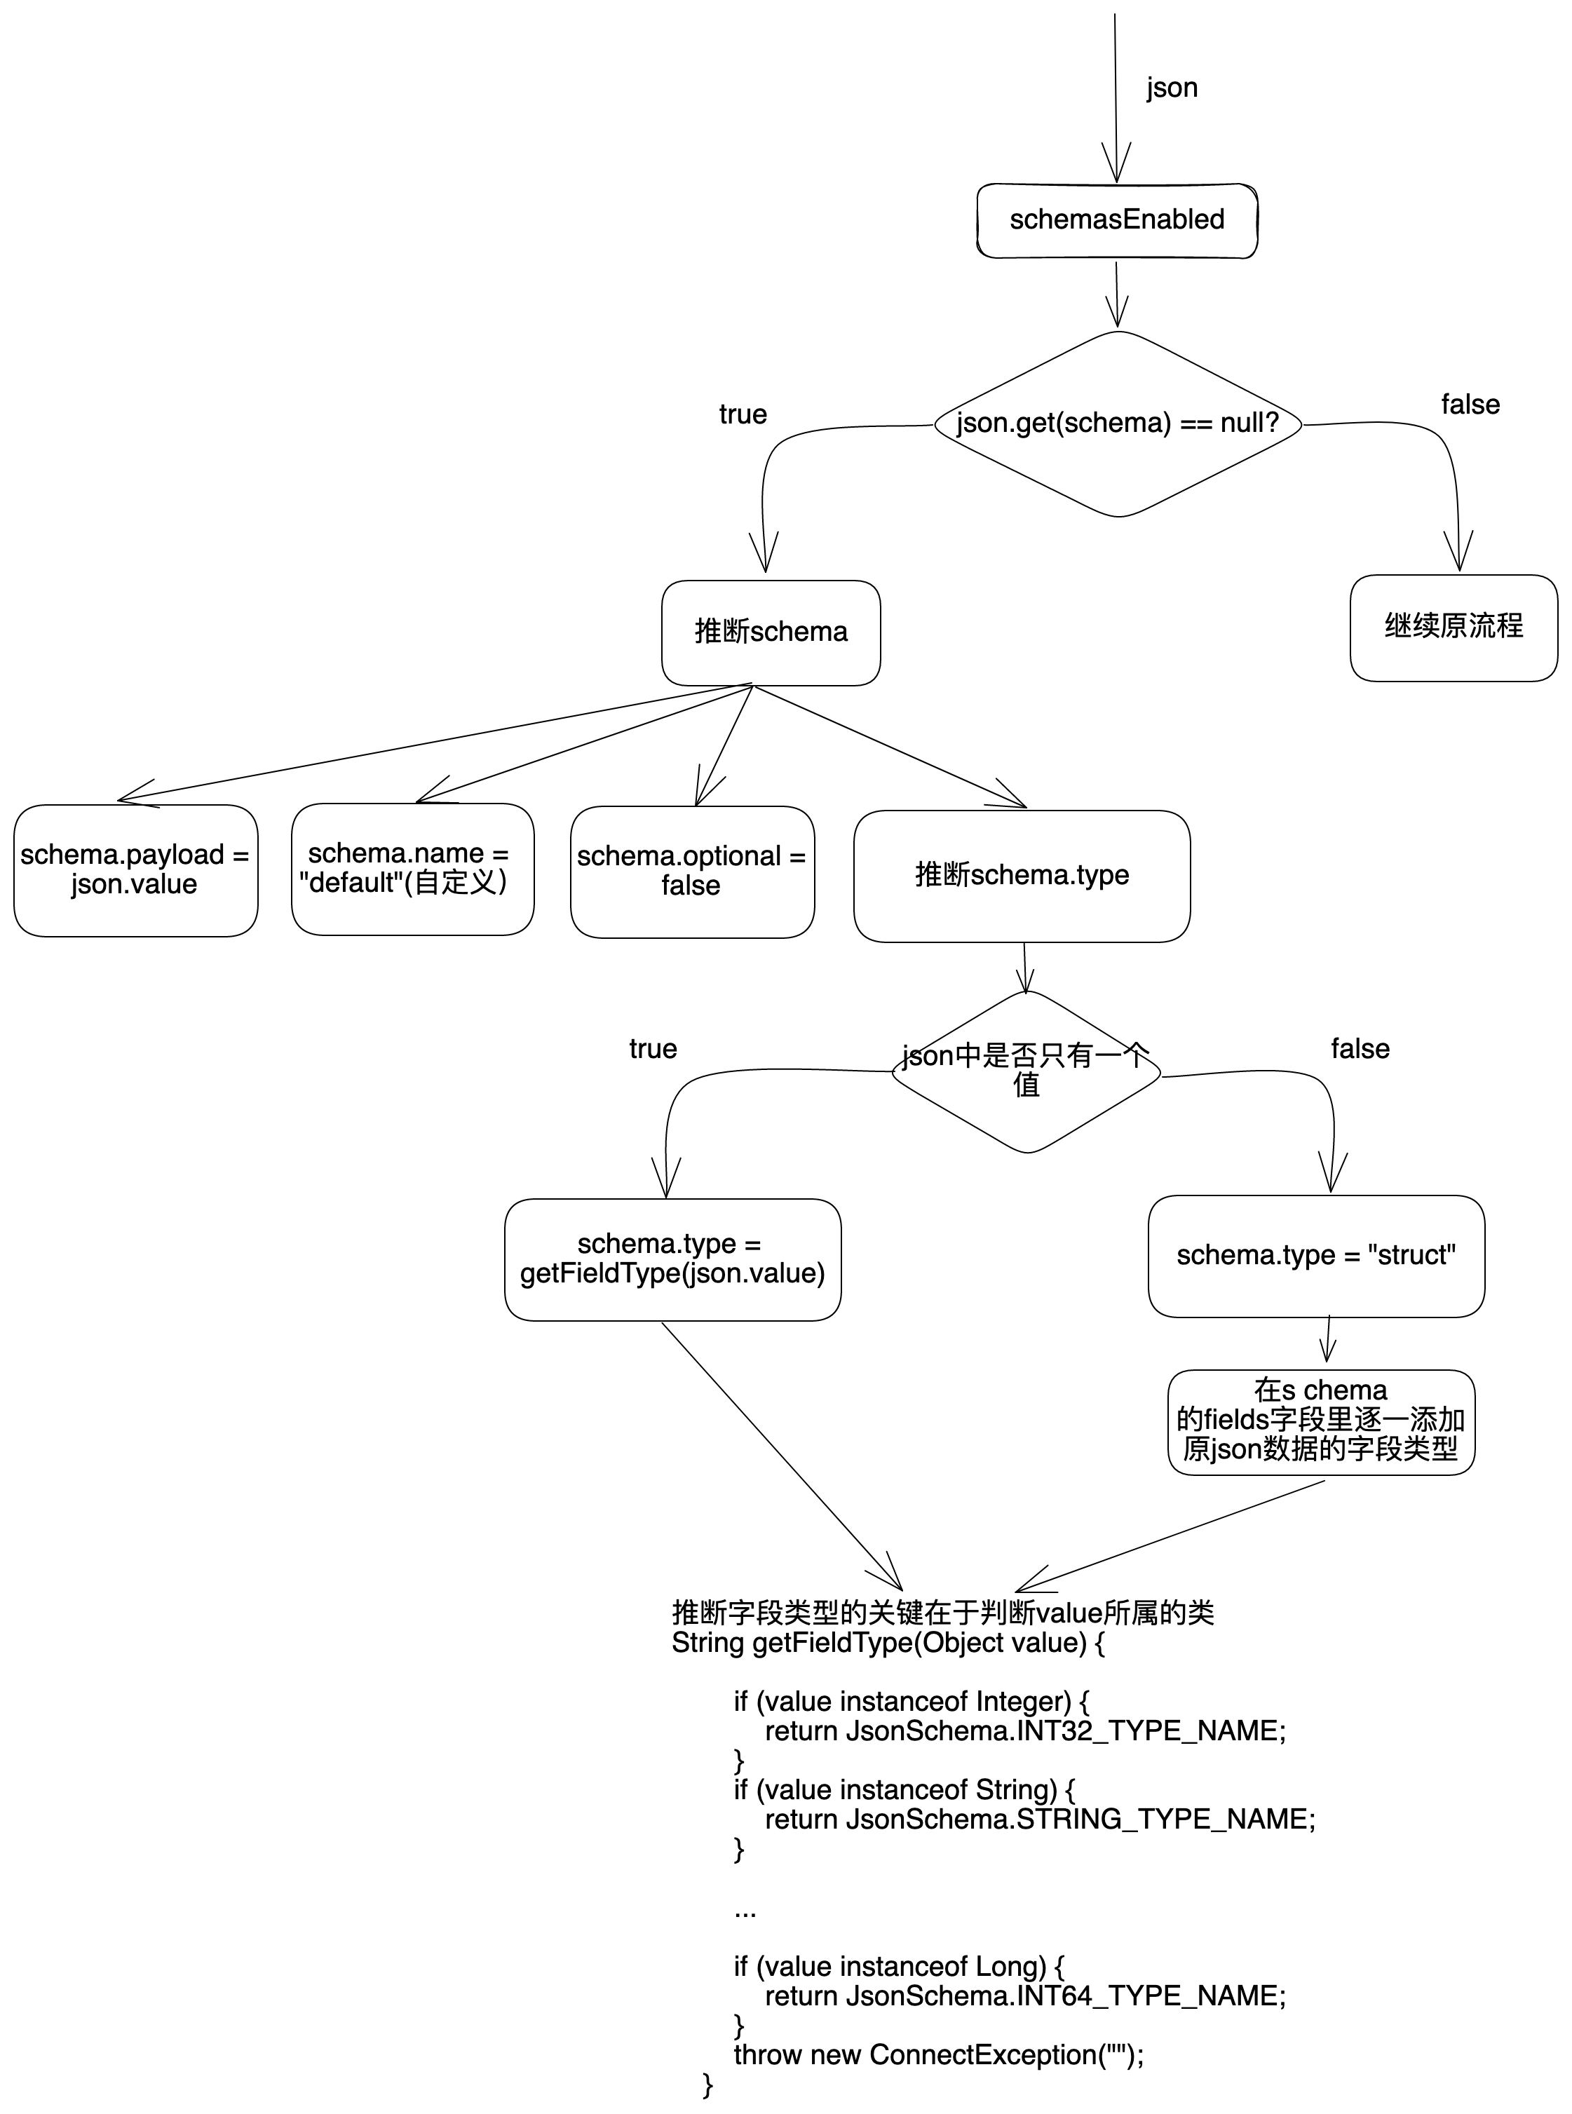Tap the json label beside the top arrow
[x=1172, y=88]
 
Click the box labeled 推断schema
[x=770, y=632]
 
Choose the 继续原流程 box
[x=1452, y=627]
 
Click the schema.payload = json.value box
[x=135, y=869]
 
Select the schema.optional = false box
[x=692, y=871]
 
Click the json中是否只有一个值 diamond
[x=1026, y=1071]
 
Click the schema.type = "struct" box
[x=1315, y=1256]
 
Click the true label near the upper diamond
[x=743, y=415]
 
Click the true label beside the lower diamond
[x=653, y=1050]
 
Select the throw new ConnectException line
[x=937, y=2055]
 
